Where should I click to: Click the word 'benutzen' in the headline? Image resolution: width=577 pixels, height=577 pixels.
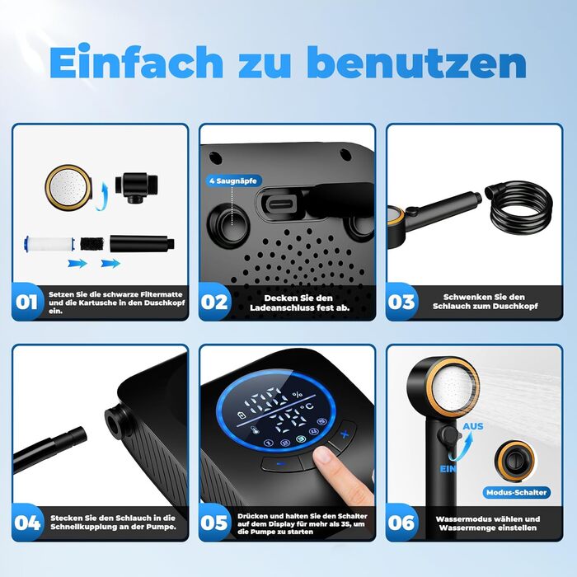[x=420, y=62]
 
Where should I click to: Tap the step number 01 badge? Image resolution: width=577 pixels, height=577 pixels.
[x=26, y=303]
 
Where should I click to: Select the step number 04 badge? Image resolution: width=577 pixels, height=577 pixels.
[x=27, y=523]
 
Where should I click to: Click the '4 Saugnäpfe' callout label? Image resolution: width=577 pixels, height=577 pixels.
[x=233, y=181]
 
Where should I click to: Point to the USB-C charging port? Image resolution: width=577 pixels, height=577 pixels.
[x=280, y=203]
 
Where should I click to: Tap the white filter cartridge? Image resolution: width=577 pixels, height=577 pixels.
[x=49, y=244]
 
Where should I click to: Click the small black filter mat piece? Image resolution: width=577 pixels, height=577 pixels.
[x=92, y=244]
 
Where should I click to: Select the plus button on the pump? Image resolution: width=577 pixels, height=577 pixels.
[x=344, y=434]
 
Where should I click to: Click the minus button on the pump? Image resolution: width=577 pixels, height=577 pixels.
[x=282, y=464]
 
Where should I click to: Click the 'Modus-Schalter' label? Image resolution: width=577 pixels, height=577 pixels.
[x=516, y=492]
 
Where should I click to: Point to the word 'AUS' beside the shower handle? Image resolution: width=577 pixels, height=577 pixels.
[x=473, y=426]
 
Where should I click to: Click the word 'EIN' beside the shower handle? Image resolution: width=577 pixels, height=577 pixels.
[x=448, y=469]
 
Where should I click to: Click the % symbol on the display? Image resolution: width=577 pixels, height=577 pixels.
[x=298, y=395]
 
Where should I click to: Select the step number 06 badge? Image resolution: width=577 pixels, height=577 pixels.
[x=401, y=523]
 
